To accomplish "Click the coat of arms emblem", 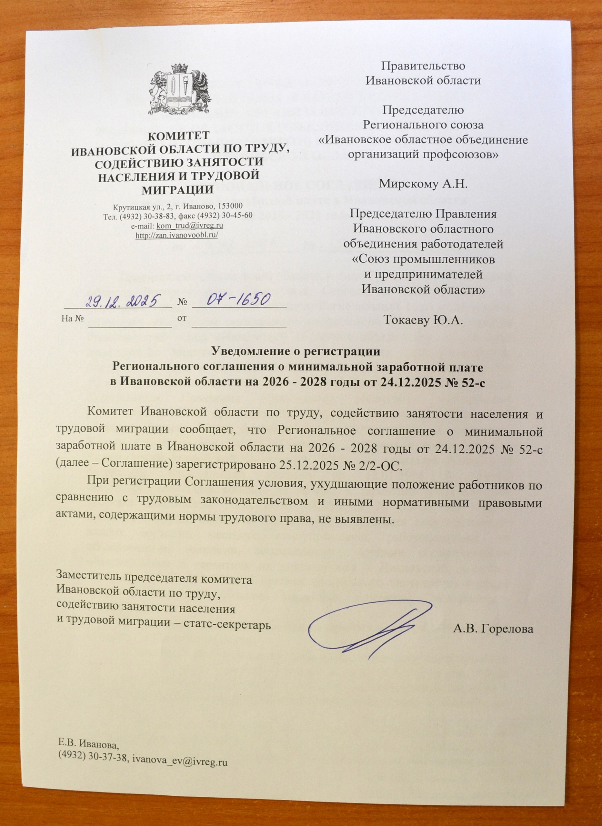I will point(180,90).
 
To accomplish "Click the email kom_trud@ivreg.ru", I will point(189,226).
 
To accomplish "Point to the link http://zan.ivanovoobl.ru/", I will point(177,235).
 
